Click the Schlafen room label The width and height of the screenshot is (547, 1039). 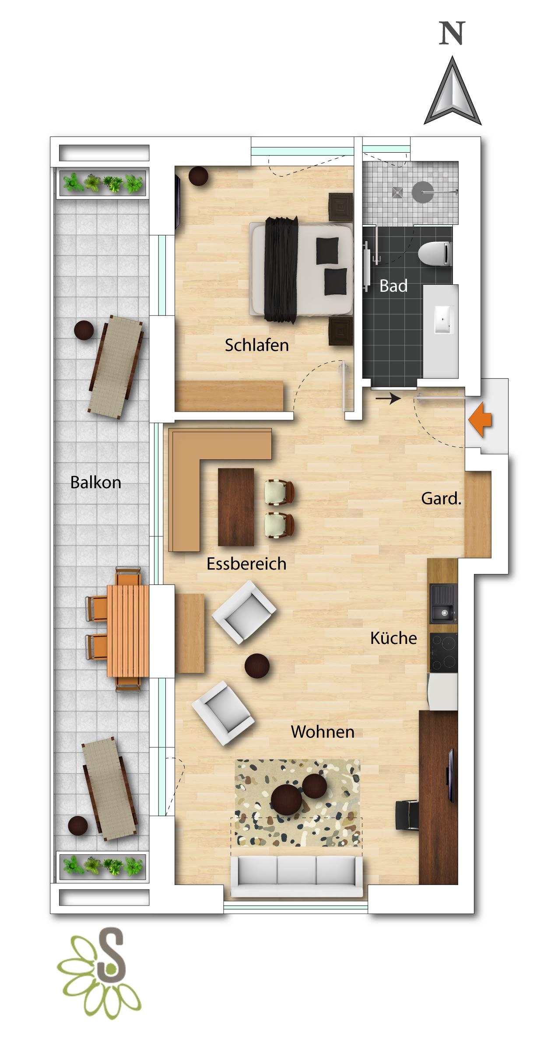click(x=257, y=345)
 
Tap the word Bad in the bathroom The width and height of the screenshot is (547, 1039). click(x=393, y=286)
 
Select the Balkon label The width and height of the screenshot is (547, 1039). click(x=96, y=482)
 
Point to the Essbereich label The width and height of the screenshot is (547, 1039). click(x=246, y=563)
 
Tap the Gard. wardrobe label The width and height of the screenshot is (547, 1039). click(x=441, y=498)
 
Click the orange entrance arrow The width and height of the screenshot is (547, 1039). click(x=480, y=420)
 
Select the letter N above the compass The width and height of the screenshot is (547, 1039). click(x=452, y=33)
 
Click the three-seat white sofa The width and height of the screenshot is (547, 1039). click(x=297, y=876)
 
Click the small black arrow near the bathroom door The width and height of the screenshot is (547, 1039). click(x=388, y=398)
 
